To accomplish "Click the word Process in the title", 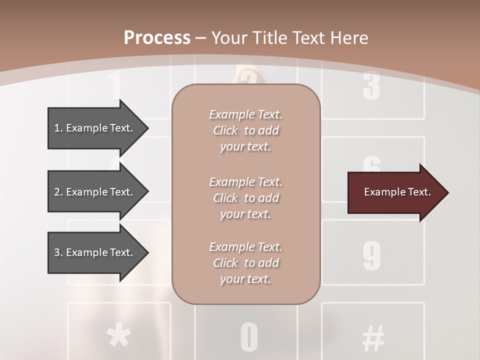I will click(157, 38).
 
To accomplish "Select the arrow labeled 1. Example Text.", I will click(95, 128).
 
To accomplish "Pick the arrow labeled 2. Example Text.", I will click(95, 192).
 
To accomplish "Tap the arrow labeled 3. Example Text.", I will click(95, 252).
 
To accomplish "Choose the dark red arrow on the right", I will click(395, 192).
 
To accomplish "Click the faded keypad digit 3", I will click(371, 86).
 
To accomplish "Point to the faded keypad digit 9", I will click(371, 255).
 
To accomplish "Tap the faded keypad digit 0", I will click(249, 337).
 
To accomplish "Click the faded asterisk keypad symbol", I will click(118, 336).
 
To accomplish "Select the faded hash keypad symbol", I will click(373, 338).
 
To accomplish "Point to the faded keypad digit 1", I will click(115, 85).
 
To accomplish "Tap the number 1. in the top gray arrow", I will click(58, 128).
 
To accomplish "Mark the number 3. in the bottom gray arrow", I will click(58, 252).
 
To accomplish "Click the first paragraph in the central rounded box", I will click(245, 130).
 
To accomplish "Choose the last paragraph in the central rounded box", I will click(245, 263).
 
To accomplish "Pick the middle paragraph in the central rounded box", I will click(245, 198).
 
